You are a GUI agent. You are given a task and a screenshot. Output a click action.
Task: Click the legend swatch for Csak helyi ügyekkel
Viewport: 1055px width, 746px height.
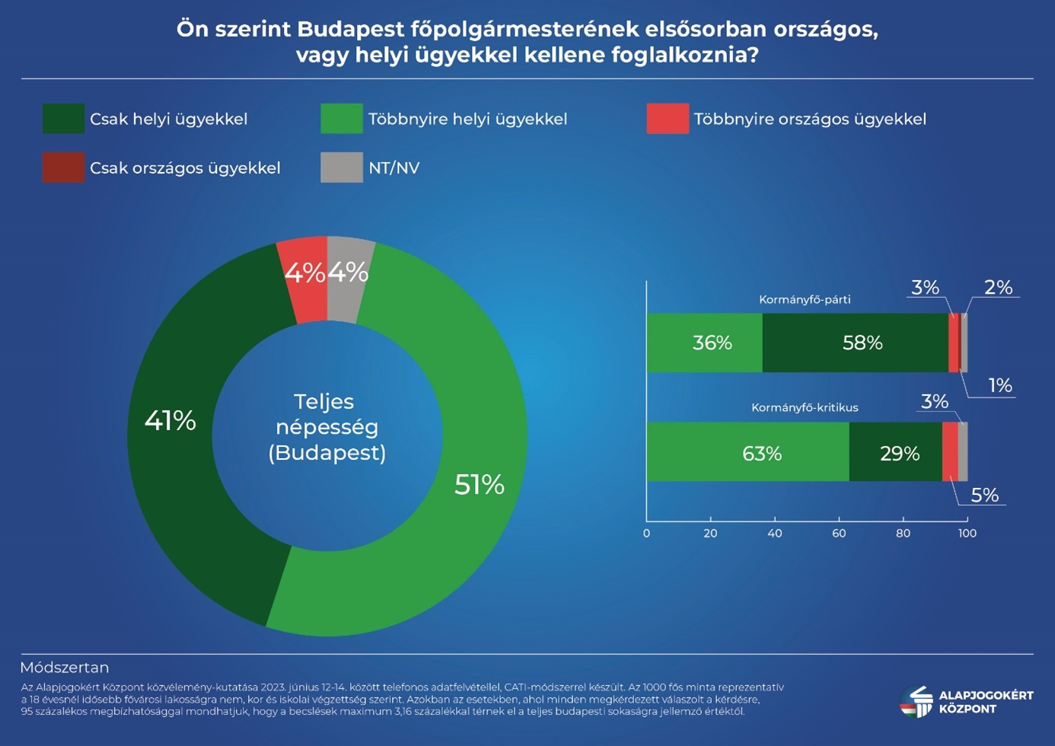click(63, 119)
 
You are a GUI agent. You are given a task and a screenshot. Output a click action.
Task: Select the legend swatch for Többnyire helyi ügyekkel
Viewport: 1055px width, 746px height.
click(342, 119)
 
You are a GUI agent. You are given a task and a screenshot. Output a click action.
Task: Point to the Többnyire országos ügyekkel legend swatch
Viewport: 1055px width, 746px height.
click(668, 119)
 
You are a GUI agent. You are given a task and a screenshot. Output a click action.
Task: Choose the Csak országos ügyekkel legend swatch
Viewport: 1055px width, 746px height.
click(63, 167)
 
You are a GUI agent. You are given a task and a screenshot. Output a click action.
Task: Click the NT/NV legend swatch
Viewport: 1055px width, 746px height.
click(342, 167)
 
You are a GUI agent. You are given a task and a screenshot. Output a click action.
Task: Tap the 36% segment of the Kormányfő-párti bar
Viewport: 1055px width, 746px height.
click(704, 343)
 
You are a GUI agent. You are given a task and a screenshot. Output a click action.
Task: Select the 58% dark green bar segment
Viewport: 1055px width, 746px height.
click(855, 343)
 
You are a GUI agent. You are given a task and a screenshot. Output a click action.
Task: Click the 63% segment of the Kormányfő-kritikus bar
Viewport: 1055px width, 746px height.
click(747, 453)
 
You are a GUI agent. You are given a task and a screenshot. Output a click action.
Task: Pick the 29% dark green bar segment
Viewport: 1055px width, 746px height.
click(895, 453)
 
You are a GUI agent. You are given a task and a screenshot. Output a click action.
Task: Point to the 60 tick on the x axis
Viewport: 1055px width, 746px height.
click(839, 533)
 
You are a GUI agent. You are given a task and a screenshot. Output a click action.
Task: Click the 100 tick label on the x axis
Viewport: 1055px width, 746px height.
click(967, 533)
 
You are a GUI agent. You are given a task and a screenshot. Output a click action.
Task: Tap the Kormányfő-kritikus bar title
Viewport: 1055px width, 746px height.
click(805, 407)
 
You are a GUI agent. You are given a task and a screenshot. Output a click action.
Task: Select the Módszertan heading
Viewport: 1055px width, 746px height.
click(65, 668)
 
